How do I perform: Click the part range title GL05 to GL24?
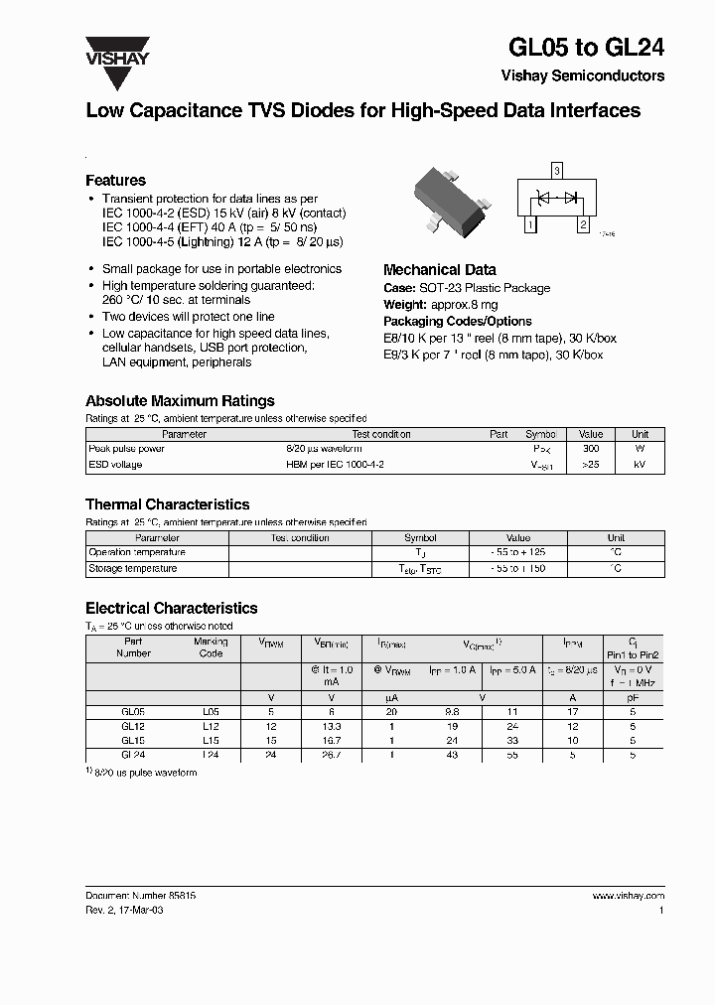[586, 47]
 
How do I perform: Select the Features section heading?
[115, 181]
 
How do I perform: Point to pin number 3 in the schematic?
[557, 171]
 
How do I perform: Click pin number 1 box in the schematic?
[530, 225]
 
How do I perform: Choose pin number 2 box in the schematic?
[584, 225]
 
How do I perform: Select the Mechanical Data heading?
[439, 269]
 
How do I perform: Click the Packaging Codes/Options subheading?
[457, 322]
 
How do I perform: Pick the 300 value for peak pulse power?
[591, 449]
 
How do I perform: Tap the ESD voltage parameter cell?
[115, 465]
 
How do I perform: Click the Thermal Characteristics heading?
[167, 504]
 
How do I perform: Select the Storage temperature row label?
[133, 569]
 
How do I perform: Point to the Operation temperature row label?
[137, 552]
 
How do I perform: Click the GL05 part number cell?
[133, 712]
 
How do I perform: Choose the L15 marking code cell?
[211, 740]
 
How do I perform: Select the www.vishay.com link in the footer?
[629, 896]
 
